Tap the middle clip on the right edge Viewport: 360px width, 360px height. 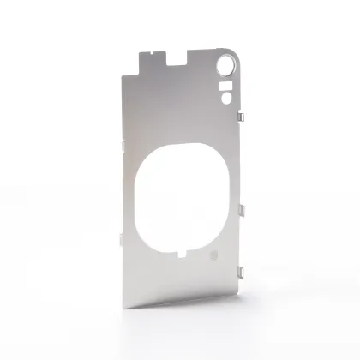(241, 209)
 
